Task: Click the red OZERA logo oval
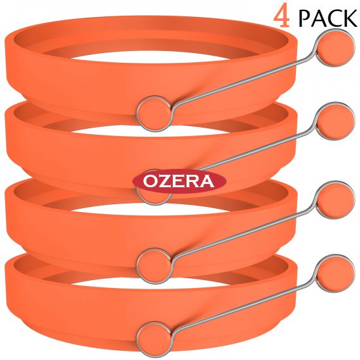[x=179, y=181]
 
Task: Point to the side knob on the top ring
[x=154, y=114]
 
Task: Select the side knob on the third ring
[x=154, y=266]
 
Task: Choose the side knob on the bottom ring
[x=154, y=339]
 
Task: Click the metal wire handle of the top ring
[x=244, y=81]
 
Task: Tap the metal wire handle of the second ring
[x=255, y=149]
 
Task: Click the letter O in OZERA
[x=150, y=181]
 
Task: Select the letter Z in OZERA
[x=164, y=181]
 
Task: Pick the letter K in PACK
[x=350, y=18]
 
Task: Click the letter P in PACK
[x=305, y=18]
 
